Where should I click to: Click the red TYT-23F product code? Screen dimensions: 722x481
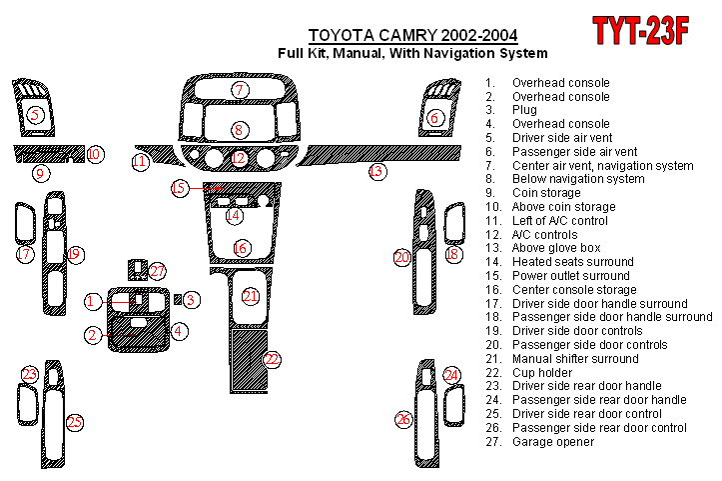click(640, 30)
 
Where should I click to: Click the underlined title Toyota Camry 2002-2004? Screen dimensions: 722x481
click(413, 36)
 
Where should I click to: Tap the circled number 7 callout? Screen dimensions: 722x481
click(240, 89)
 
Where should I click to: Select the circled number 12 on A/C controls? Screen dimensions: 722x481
click(239, 158)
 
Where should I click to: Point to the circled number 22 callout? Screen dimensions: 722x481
click(272, 359)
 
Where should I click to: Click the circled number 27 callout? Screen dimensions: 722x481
click(157, 271)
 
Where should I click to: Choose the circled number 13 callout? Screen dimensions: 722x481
click(377, 172)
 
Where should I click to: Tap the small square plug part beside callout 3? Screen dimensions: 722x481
click(178, 299)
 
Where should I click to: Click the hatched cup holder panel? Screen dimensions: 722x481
click(249, 360)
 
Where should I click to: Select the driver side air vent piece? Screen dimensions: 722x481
click(34, 108)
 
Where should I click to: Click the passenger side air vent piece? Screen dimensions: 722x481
click(438, 108)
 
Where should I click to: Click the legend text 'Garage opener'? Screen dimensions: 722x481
click(553, 442)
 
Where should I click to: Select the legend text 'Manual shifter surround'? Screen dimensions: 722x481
click(575, 359)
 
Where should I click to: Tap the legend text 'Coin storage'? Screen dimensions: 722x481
click(546, 193)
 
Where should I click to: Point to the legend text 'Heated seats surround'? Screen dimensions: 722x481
click(573, 262)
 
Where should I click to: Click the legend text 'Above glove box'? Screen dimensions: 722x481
click(556, 248)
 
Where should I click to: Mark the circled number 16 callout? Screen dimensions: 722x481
click(240, 248)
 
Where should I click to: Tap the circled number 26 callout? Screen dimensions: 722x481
click(403, 419)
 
